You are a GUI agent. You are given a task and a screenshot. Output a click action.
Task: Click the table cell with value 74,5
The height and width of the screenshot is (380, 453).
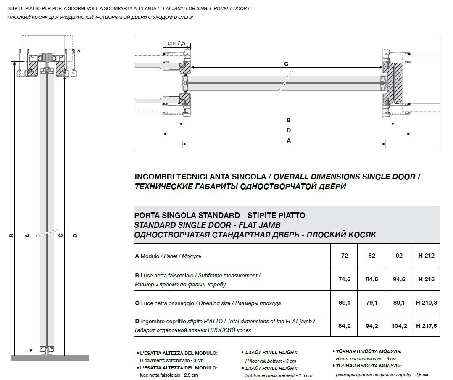pyautogui.click(x=344, y=279)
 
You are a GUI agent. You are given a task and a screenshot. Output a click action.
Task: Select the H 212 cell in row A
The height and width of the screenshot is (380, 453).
pyautogui.click(x=426, y=256)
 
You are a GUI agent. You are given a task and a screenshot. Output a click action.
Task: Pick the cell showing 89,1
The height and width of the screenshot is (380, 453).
pyautogui.click(x=399, y=303)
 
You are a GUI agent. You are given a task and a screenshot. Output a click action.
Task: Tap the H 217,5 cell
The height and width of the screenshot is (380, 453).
pyautogui.click(x=426, y=326)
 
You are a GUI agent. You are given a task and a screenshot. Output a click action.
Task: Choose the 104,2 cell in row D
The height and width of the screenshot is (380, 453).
pyautogui.click(x=399, y=326)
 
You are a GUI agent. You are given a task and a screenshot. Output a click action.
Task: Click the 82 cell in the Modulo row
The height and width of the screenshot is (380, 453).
pyautogui.click(x=371, y=256)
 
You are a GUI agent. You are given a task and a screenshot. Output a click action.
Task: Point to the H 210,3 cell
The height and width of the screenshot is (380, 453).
pyautogui.click(x=426, y=303)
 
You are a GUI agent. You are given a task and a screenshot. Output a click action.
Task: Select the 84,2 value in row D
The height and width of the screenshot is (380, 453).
pyautogui.click(x=344, y=326)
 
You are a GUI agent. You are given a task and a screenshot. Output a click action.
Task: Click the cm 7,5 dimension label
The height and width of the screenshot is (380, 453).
pyautogui.click(x=176, y=43)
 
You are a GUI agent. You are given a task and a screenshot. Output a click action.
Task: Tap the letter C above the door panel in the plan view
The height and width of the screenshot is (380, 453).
pyautogui.click(x=286, y=64)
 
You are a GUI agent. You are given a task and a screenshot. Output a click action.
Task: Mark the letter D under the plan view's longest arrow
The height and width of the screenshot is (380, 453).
pyautogui.click(x=288, y=131)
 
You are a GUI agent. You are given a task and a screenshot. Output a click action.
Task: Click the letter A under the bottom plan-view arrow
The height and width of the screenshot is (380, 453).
pyautogui.click(x=288, y=141)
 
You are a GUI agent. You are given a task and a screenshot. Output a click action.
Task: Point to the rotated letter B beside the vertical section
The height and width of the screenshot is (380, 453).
pyautogui.click(x=11, y=235)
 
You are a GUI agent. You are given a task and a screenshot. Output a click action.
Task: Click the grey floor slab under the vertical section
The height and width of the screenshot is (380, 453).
pyautogui.click(x=49, y=358)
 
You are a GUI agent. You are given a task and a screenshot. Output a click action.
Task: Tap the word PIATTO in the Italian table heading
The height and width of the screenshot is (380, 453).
pyautogui.click(x=290, y=216)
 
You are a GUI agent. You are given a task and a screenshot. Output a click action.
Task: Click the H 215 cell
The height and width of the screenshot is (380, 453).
pyautogui.click(x=426, y=279)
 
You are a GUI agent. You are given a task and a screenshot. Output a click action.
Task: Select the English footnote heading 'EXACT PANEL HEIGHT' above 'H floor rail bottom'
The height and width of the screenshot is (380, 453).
pyautogui.click(x=271, y=352)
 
